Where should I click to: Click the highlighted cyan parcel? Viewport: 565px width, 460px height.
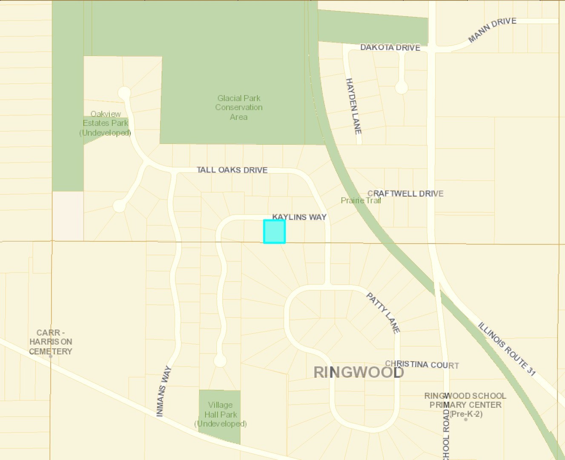tap(274, 232)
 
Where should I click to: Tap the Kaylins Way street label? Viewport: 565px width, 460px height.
tap(299, 217)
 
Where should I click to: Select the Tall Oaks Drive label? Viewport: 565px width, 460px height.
tap(232, 170)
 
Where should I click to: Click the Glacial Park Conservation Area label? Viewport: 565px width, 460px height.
tap(238, 107)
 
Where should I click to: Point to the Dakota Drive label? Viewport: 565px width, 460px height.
tap(390, 47)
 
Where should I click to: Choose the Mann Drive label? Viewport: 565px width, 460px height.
tap(492, 30)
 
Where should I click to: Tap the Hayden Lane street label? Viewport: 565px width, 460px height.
tap(353, 106)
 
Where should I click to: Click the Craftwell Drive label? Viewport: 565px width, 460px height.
tap(405, 193)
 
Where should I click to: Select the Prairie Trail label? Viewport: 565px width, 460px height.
tap(361, 200)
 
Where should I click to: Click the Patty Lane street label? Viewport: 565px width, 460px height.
tap(383, 313)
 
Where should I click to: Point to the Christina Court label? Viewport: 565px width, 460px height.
tap(422, 365)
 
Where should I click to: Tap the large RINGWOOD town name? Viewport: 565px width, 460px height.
tap(359, 372)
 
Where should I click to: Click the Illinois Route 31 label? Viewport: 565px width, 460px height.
tap(507, 349)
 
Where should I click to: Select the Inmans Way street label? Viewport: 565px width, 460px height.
tap(163, 391)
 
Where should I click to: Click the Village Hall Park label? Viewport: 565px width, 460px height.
tap(220, 414)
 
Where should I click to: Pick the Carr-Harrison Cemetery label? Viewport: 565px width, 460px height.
tap(51, 342)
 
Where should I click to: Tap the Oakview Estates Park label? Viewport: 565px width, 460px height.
tap(106, 123)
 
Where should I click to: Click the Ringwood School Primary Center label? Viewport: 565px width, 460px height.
tap(465, 405)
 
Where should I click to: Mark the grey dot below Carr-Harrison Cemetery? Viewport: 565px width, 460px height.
tap(51, 356)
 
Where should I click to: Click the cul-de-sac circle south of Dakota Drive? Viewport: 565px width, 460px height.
tap(401, 87)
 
